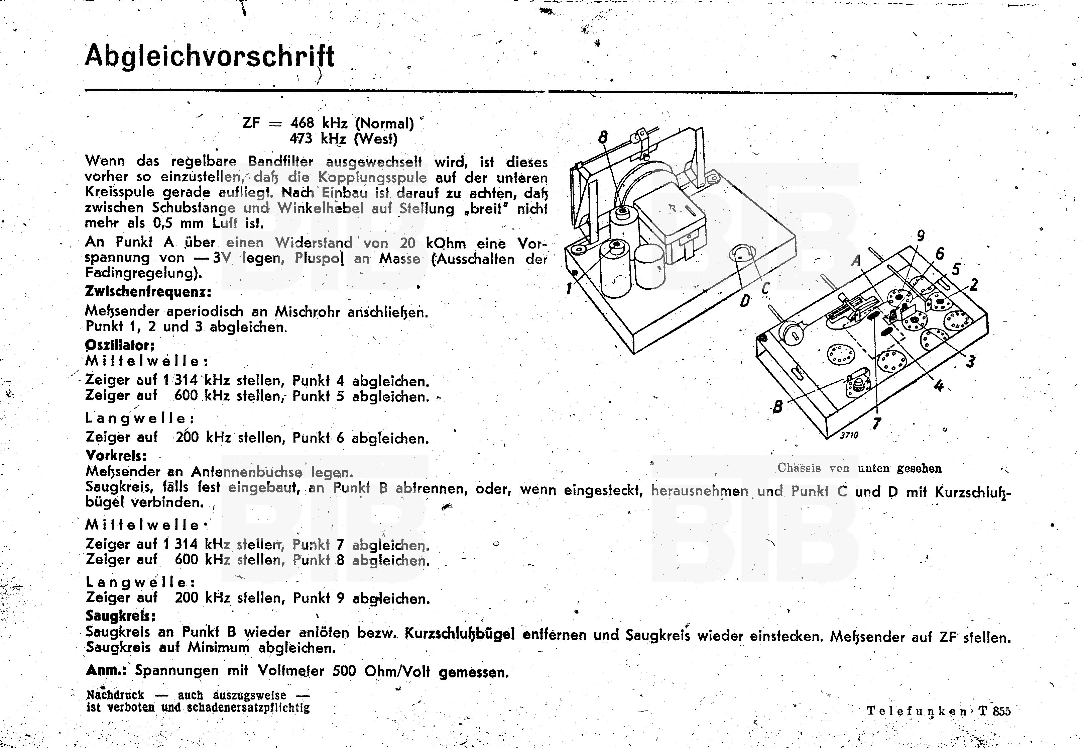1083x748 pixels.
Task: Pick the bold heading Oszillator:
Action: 120,346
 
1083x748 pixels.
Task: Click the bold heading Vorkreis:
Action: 116,455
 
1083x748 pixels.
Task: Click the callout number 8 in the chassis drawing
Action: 603,137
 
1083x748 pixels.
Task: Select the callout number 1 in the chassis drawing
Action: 569,288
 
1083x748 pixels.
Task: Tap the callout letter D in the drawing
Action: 744,301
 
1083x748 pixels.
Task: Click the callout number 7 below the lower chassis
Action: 876,423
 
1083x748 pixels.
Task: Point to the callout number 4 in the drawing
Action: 938,385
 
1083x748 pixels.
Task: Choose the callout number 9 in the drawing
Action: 921,236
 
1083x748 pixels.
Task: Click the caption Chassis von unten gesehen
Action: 859,468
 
